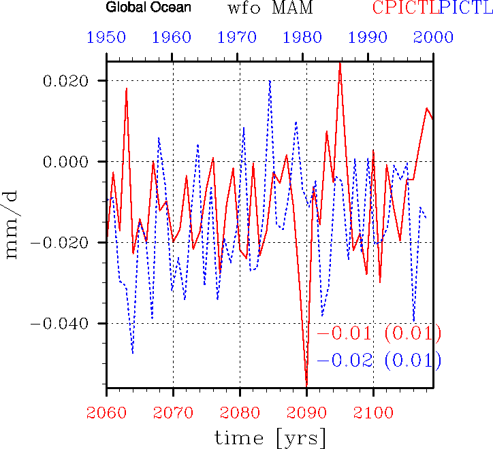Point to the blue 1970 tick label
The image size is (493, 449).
coord(238,37)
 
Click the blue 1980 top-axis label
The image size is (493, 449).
coord(304,37)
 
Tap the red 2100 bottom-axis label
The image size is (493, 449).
coord(372,412)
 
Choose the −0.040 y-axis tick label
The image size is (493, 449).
coord(61,323)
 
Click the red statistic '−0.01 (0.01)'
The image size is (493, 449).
coord(378,334)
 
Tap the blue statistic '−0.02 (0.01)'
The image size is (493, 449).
coord(378,361)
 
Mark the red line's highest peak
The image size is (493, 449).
coord(340,63)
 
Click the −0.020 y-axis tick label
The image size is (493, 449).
coord(61,243)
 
